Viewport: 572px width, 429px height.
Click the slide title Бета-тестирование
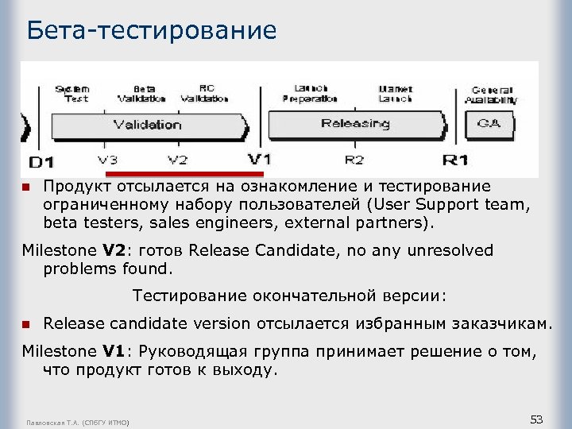click(x=151, y=30)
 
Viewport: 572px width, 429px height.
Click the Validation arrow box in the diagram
click(x=148, y=125)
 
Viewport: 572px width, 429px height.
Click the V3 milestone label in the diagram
click(x=108, y=160)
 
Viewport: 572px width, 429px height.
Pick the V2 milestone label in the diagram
click(x=178, y=160)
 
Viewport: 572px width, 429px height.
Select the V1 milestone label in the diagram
click(x=259, y=159)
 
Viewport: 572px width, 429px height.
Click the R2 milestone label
click(x=354, y=160)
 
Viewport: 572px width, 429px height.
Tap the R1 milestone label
click(x=454, y=160)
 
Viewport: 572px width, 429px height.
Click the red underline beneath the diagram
click(x=184, y=172)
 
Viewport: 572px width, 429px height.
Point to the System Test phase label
click(x=71, y=94)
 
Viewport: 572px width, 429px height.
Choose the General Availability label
click(x=493, y=95)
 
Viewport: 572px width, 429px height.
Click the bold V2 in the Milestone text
click(x=115, y=251)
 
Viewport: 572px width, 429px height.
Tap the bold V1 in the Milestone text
click(x=115, y=350)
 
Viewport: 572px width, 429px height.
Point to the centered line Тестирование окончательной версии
click(x=290, y=296)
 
